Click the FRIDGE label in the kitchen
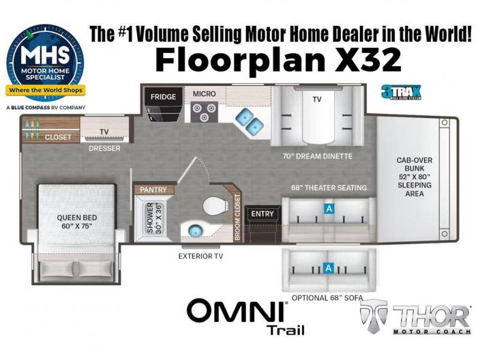click(x=163, y=97)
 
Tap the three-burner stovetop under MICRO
click(x=204, y=112)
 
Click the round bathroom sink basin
click(x=193, y=230)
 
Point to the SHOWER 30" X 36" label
click(x=155, y=218)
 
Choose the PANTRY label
click(x=153, y=190)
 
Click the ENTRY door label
click(x=262, y=214)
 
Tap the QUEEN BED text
click(x=77, y=218)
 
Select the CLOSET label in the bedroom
click(x=58, y=137)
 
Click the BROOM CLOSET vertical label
click(x=237, y=217)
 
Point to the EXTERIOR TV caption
click(x=201, y=256)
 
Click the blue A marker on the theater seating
click(x=329, y=209)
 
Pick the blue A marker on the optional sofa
click(x=328, y=268)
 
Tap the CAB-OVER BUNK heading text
click(x=414, y=164)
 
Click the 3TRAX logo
click(x=401, y=92)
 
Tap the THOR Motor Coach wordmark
click(x=415, y=317)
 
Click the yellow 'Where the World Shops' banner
click(x=46, y=90)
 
